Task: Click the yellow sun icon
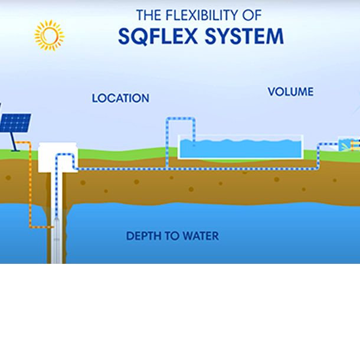(49, 35)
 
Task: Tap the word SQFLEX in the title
(158, 36)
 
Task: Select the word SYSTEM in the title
(244, 36)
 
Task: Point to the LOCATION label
(120, 99)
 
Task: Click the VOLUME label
(290, 91)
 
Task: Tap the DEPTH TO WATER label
(172, 236)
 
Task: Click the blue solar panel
(15, 123)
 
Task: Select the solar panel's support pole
(14, 142)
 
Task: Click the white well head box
(58, 157)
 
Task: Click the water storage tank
(241, 147)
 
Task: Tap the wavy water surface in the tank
(240, 140)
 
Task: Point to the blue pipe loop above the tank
(181, 119)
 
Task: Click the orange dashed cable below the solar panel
(30, 184)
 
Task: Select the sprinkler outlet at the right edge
(349, 144)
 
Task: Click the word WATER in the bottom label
(201, 236)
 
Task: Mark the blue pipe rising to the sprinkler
(319, 156)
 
